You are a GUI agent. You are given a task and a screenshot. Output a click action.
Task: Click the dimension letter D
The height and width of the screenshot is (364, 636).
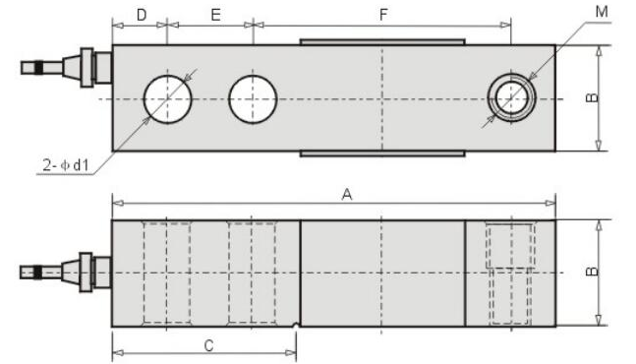(x=142, y=15)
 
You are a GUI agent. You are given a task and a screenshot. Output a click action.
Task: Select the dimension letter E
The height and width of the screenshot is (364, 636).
(x=215, y=15)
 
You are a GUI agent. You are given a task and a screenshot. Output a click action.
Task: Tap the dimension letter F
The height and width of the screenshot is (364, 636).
(x=383, y=15)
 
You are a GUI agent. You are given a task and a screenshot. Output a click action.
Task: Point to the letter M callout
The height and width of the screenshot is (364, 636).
(x=602, y=12)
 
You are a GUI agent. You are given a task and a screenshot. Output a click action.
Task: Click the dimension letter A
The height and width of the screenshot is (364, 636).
(x=347, y=195)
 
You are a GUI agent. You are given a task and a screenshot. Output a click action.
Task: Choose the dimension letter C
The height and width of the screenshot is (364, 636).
(x=208, y=345)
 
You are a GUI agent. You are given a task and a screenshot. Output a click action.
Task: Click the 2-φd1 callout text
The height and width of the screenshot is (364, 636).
(x=66, y=165)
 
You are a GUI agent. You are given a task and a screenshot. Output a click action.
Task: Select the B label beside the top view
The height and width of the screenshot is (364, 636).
(x=592, y=97)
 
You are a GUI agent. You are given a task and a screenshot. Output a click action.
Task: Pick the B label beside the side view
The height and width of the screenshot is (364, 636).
(x=592, y=272)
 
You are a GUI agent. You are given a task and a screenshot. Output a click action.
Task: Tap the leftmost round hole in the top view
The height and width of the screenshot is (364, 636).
(x=167, y=99)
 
